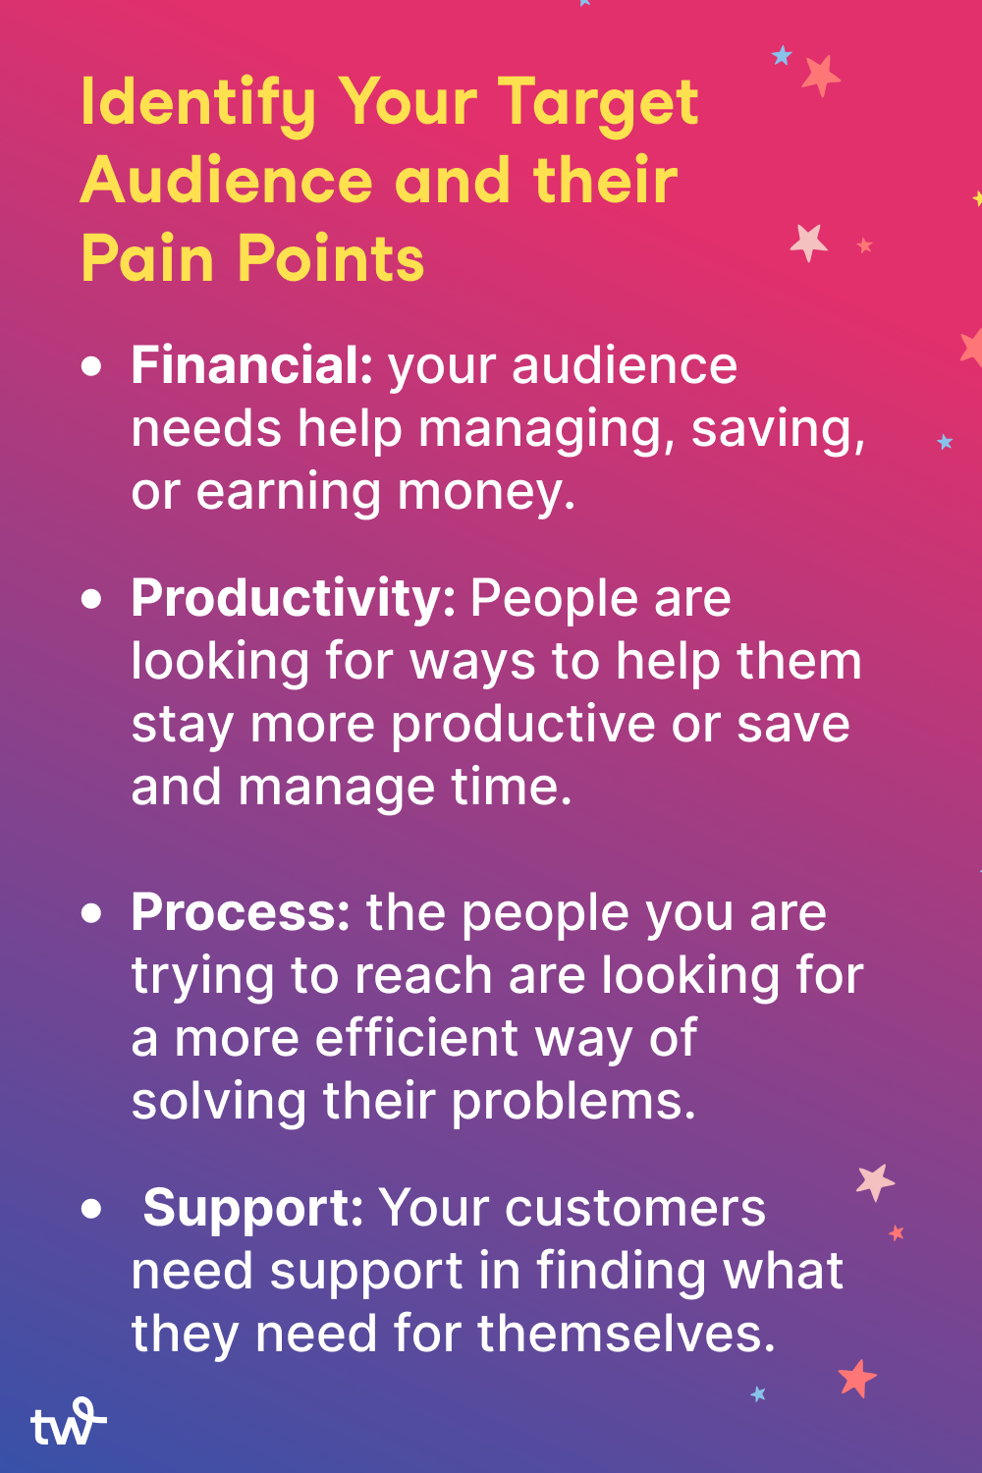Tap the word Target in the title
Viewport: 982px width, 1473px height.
click(x=598, y=104)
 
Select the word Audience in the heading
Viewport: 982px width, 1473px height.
click(x=227, y=182)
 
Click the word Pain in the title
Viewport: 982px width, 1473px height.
click(x=147, y=259)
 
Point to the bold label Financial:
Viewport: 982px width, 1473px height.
click(x=251, y=365)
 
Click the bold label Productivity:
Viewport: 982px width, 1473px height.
click(x=293, y=598)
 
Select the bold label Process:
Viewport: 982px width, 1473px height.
click(x=241, y=912)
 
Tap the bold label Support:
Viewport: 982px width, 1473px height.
click(x=253, y=1208)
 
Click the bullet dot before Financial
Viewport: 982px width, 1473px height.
click(x=92, y=367)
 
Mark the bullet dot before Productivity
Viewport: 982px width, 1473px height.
click(x=92, y=599)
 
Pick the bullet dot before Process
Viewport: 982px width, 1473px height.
click(x=92, y=913)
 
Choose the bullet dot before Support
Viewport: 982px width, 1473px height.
click(x=92, y=1208)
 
